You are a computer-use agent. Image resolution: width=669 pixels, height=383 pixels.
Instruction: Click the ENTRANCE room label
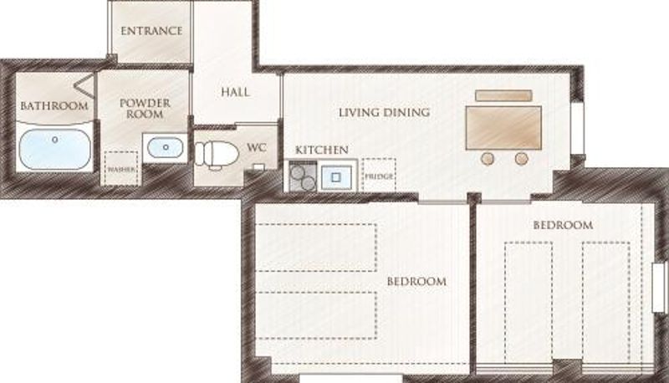[x=151, y=31]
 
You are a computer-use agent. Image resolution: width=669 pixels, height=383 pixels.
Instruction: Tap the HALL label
[x=235, y=92]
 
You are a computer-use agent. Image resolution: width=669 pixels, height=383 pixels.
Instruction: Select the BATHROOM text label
[x=54, y=105]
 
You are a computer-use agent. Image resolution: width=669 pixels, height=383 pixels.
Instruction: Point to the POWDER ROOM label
[x=145, y=109]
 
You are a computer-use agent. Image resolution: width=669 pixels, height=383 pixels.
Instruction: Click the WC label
[x=257, y=147]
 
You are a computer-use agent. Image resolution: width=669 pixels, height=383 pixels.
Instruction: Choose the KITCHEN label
[x=322, y=150]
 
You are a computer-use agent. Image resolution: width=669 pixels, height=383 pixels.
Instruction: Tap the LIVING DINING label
[x=384, y=112]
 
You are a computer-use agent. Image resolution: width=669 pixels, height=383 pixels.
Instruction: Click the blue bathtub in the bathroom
[x=55, y=150]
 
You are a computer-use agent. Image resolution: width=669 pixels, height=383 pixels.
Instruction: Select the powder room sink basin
[x=166, y=147]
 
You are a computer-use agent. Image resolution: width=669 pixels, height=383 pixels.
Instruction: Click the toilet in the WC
[x=217, y=154]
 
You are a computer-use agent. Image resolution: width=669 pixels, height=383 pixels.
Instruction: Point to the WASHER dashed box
[x=121, y=168]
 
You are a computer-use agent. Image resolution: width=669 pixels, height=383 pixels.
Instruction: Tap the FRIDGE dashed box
[x=379, y=175]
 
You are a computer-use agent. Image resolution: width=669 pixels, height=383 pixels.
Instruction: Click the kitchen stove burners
[x=303, y=177]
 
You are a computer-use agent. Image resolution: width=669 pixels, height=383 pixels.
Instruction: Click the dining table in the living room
[x=503, y=128]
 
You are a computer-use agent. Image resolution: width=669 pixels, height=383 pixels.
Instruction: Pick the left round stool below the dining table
[x=488, y=159]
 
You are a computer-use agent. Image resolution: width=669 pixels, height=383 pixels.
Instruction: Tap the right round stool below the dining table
[x=521, y=159]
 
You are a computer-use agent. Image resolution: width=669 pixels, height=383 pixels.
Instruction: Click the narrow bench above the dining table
[x=503, y=95]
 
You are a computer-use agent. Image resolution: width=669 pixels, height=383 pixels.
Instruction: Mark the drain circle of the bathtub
[x=54, y=140]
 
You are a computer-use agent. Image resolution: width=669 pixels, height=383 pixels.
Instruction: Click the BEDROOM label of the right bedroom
[x=563, y=225]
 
